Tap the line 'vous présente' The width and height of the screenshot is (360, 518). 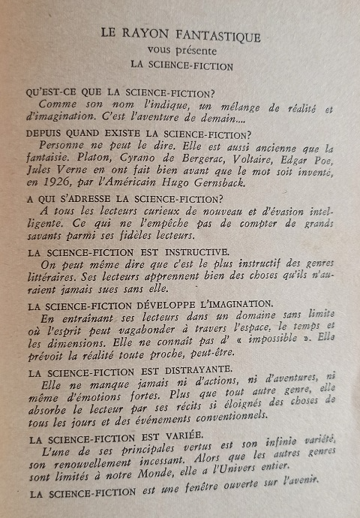tap(180, 50)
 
